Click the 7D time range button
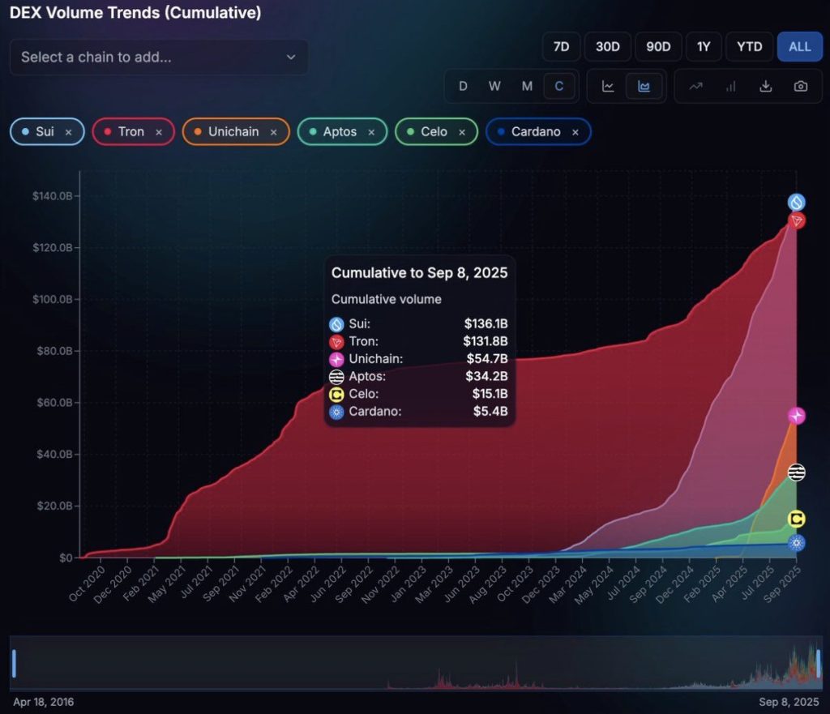561,46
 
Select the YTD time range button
749,46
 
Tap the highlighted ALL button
799,46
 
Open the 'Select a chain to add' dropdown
159,57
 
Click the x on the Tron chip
159,132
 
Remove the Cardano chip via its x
575,132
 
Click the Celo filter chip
434,131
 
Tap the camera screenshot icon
801,87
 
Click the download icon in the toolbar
765,87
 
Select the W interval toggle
494,87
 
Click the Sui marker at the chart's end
797,203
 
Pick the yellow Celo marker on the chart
797,519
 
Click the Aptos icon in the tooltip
337,377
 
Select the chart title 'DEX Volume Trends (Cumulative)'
135,14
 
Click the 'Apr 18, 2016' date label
43,702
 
